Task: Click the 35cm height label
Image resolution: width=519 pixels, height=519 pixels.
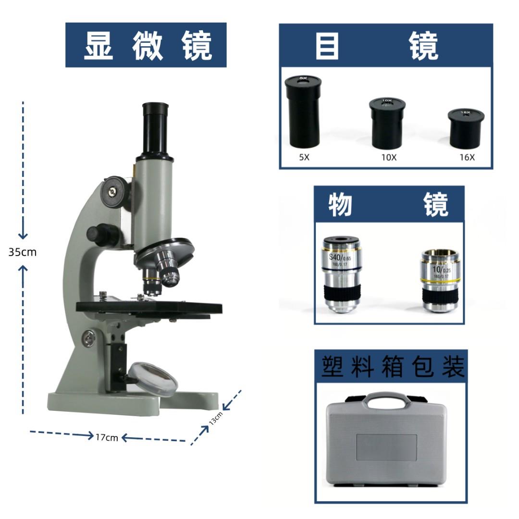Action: point(22,251)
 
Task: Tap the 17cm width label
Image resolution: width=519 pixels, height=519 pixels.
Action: point(107,437)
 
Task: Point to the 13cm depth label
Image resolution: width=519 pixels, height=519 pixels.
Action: point(216,419)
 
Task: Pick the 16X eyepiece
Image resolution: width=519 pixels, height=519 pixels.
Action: point(465,128)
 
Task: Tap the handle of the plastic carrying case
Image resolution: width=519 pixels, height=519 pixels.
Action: point(386,397)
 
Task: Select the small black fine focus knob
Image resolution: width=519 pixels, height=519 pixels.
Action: point(102,234)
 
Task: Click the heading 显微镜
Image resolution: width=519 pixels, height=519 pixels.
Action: point(146,45)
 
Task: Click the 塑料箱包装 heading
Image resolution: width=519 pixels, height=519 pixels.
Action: point(391,367)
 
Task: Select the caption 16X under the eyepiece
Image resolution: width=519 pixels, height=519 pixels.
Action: point(466,157)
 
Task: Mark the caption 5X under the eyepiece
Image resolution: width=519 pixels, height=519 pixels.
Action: point(304,157)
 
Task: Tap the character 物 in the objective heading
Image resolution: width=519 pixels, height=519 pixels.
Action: point(341,205)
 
